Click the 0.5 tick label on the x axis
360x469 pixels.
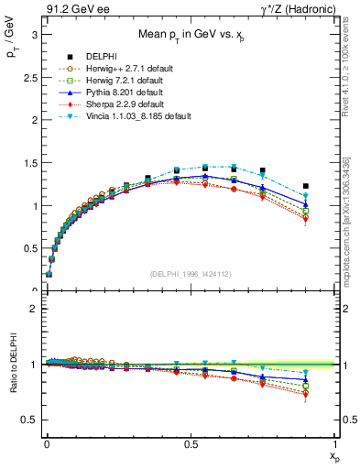191,443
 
